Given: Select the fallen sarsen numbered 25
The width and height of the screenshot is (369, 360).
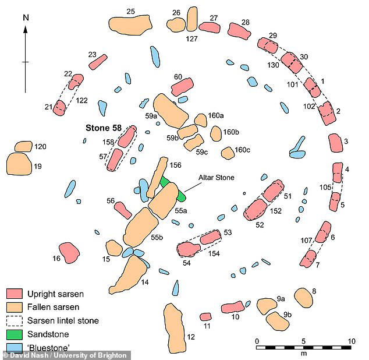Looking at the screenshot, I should click(130, 23).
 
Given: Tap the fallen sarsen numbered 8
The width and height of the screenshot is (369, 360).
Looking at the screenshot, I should click(304, 297).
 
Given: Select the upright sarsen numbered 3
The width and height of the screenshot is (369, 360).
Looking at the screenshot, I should click(335, 143).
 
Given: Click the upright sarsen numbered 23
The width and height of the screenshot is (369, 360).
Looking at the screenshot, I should click(97, 62).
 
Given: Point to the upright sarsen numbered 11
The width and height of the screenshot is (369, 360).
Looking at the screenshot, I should click(205, 317).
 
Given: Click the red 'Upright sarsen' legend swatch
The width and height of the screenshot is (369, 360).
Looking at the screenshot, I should click(15, 294).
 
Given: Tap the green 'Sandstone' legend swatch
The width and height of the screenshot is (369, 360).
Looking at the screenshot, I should click(15, 334).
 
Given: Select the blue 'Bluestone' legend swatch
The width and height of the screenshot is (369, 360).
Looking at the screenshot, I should click(15, 347).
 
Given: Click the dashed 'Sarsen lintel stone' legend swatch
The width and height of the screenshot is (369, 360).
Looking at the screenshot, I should click(15, 320).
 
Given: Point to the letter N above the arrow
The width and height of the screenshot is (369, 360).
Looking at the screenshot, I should click(25, 17).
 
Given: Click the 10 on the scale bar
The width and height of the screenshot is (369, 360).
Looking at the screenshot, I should click(350, 340).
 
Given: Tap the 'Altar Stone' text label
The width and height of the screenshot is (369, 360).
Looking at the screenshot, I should click(215, 178).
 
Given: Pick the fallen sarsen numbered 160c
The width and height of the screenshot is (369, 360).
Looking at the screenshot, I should click(228, 153).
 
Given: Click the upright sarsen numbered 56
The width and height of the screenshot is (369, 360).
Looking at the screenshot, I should click(123, 210).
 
